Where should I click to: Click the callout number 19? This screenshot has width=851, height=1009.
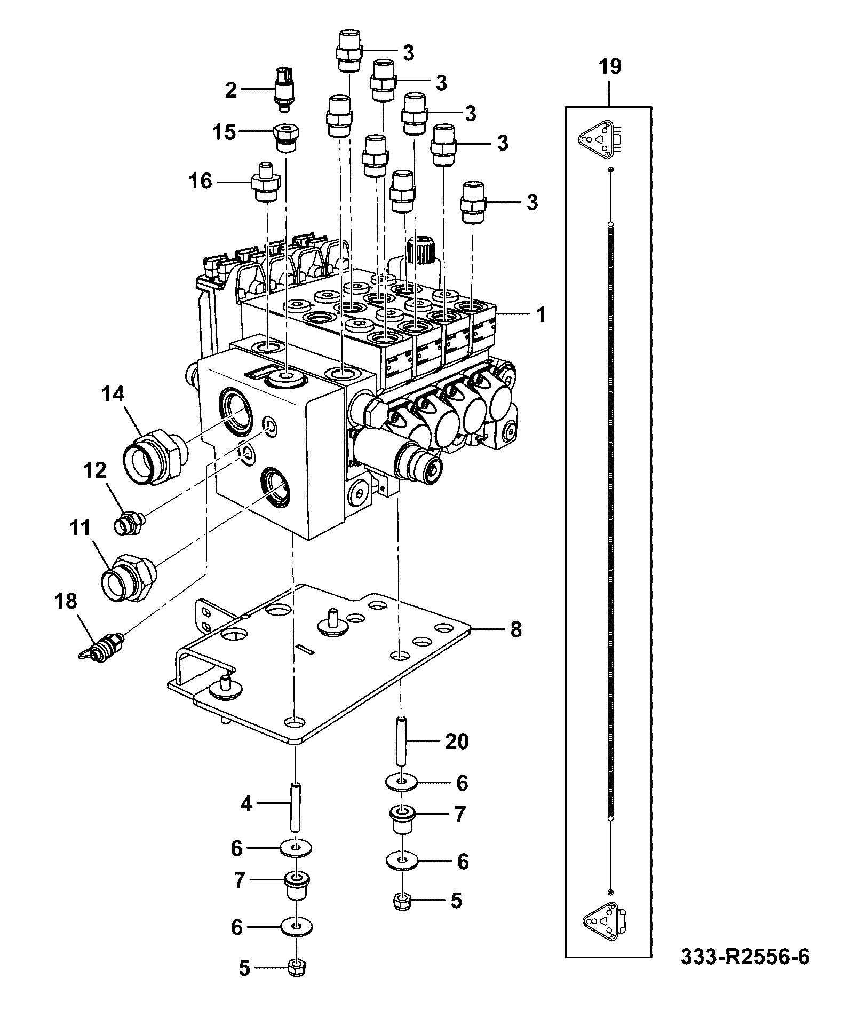click(x=609, y=67)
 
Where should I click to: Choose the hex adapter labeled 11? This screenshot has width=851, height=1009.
click(x=129, y=577)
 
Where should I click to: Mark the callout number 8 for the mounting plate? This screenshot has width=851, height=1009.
click(x=515, y=629)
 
